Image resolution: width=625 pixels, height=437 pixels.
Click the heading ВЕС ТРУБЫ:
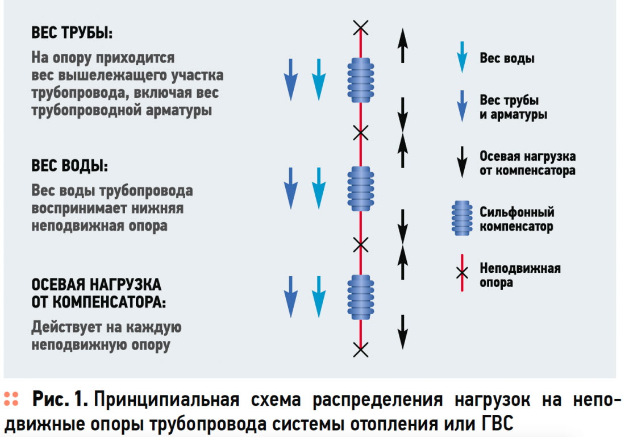(x=72, y=33)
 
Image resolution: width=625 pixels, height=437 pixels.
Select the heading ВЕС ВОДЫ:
(x=69, y=168)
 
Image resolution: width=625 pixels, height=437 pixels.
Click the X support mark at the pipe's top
(x=360, y=26)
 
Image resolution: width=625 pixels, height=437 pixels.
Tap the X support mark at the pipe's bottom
(x=360, y=349)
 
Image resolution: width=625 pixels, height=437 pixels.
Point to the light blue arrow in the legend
(x=462, y=57)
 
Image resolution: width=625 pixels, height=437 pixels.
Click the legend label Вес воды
(x=507, y=58)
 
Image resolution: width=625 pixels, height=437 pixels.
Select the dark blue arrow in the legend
(x=462, y=107)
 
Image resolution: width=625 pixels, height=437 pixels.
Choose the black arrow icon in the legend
(x=462, y=163)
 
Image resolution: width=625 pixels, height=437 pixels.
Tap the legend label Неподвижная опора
(x=519, y=275)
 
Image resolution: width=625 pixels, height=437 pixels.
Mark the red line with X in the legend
(x=462, y=273)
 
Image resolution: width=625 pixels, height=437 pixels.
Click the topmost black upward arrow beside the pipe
(x=402, y=45)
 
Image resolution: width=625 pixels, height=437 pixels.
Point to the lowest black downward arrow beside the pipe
(x=402, y=331)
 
